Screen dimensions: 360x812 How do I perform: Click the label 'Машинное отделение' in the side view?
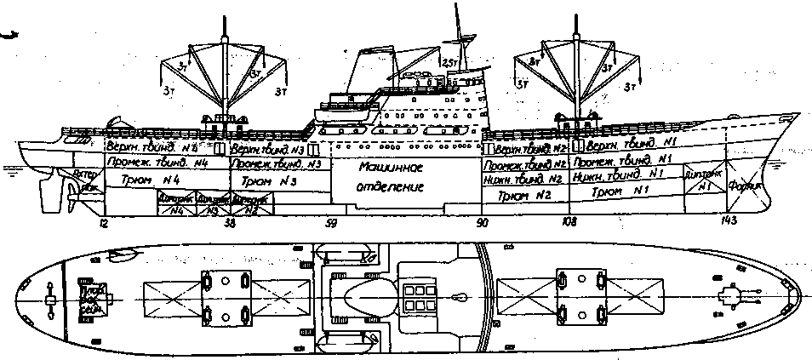[392, 177]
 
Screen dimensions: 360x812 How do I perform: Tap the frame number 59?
[332, 226]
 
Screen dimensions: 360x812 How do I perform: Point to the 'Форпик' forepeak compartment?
[751, 192]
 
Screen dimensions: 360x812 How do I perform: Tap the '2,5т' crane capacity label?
[452, 62]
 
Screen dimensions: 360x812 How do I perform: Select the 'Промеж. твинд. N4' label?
[156, 163]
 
